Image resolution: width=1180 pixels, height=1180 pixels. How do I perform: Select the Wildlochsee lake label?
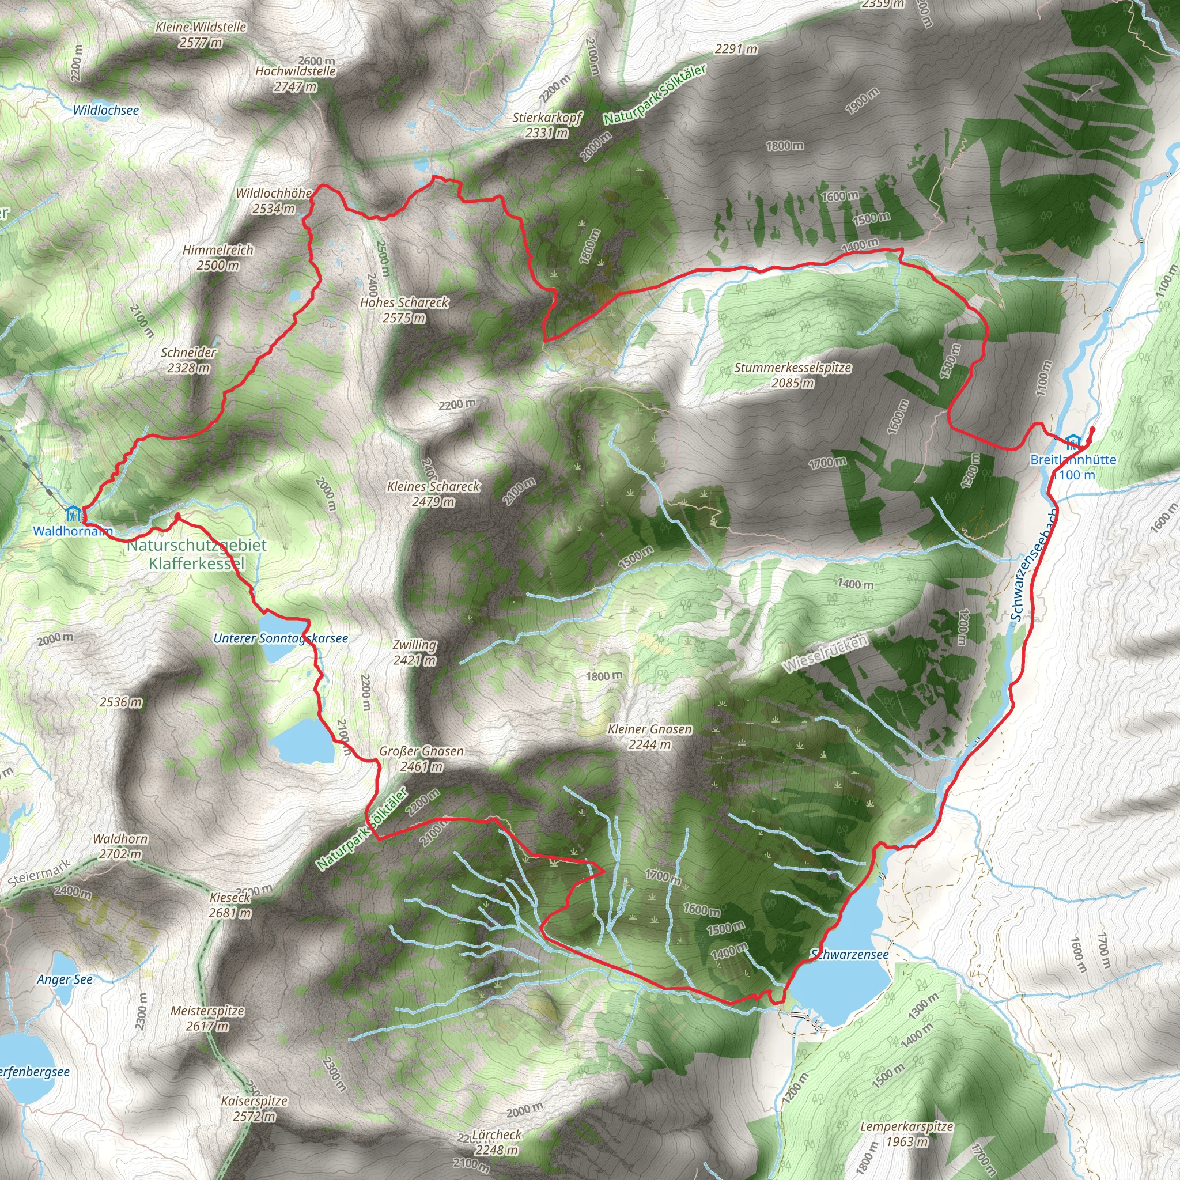tap(105, 111)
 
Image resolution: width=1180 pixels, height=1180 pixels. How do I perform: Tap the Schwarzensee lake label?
tap(850, 954)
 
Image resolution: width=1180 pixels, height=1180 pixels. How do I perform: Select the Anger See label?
tap(65, 979)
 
